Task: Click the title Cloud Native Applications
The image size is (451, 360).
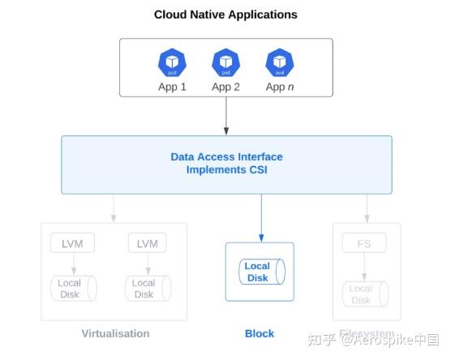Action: pyautogui.click(x=225, y=15)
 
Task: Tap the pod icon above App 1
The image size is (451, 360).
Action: pyautogui.click(x=172, y=62)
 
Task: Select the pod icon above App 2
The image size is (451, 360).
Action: pyautogui.click(x=225, y=62)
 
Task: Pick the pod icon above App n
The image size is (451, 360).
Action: pyautogui.click(x=280, y=62)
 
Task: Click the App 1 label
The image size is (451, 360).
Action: pyautogui.click(x=172, y=87)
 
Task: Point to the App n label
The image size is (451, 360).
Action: pyautogui.click(x=280, y=87)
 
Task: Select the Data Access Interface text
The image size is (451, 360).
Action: pyautogui.click(x=226, y=156)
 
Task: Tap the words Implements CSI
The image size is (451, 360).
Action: pyautogui.click(x=226, y=169)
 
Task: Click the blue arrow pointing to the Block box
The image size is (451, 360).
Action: pyautogui.click(x=260, y=219)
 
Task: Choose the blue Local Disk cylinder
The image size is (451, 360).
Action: pyautogui.click(x=259, y=272)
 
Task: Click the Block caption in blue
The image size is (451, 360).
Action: pyautogui.click(x=260, y=333)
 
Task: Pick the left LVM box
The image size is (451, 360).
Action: pyautogui.click(x=73, y=242)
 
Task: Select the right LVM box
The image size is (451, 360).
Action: pyautogui.click(x=147, y=242)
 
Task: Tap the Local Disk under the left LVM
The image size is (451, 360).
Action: pyautogui.click(x=73, y=289)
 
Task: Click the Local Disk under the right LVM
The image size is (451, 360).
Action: pyautogui.click(x=146, y=289)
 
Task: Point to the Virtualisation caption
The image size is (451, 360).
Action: pyautogui.click(x=115, y=333)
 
